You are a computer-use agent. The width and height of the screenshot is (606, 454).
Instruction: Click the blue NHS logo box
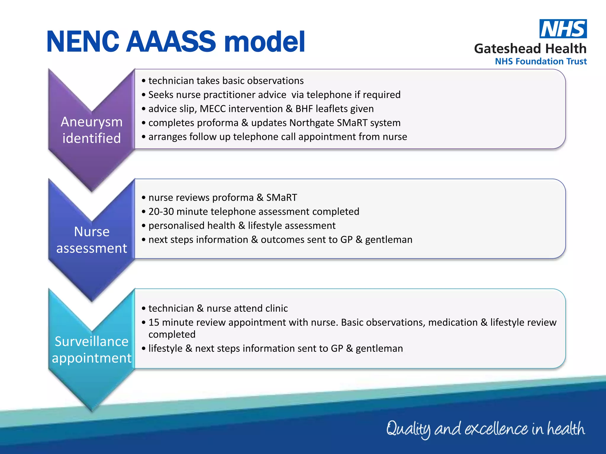point(563,29)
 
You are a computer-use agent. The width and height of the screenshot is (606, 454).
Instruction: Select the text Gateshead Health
point(530,48)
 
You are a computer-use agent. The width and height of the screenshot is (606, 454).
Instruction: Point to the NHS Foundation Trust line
point(541,61)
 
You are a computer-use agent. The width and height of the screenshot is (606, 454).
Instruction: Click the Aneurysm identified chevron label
point(92,130)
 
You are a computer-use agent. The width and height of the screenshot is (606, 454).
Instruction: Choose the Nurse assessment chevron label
point(92,240)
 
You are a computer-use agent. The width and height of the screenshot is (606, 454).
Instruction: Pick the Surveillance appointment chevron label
point(92,350)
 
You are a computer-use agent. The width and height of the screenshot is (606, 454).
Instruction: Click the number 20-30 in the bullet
point(161,212)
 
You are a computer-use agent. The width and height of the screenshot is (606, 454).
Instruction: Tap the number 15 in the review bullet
point(154,322)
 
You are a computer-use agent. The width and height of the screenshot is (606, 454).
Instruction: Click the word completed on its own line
point(172,334)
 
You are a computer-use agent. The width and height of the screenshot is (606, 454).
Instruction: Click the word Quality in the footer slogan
point(408,429)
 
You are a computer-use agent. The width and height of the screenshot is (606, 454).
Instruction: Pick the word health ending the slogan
point(565,428)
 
